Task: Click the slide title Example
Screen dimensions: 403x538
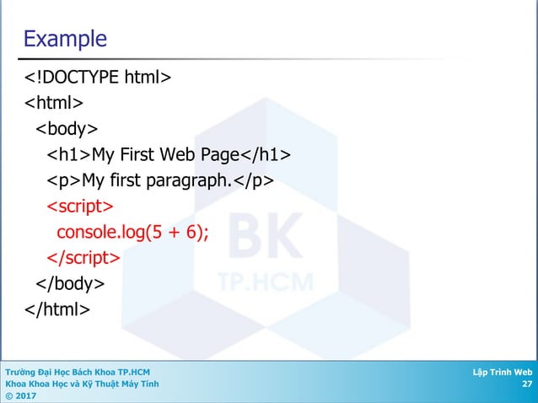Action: [65, 39]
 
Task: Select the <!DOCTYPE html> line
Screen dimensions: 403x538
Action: [98, 79]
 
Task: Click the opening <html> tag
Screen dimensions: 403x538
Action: [53, 105]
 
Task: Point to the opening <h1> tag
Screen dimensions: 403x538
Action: [68, 155]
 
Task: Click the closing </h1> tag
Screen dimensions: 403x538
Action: [266, 155]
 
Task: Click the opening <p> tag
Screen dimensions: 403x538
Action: [63, 181]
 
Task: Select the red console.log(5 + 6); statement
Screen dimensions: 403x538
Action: [132, 232]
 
